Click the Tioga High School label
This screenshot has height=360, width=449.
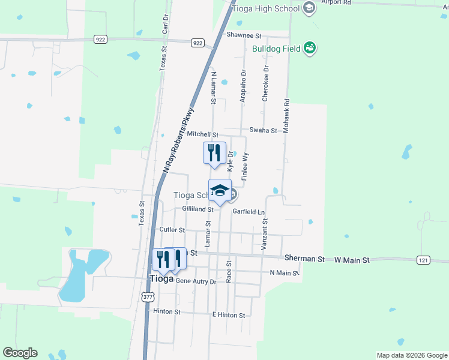[270, 8]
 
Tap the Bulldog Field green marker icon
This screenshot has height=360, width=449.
[310, 48]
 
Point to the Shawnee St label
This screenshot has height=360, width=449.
[244, 35]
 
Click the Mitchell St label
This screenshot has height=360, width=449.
[202, 134]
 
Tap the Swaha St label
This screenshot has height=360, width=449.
[263, 130]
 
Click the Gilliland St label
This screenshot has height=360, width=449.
[197, 209]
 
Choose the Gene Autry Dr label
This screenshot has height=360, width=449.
[195, 281]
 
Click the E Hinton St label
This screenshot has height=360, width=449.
[229, 315]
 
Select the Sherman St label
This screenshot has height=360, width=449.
[304, 259]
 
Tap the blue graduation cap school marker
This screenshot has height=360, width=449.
[220, 191]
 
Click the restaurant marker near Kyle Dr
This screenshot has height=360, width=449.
[214, 153]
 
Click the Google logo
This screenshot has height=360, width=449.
[20, 353]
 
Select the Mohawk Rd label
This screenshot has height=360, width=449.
[287, 115]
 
